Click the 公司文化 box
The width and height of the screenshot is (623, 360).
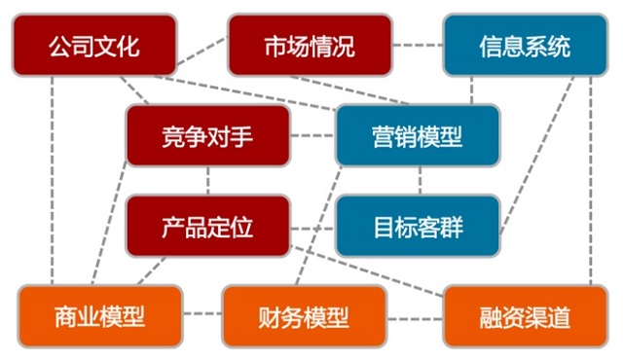(94, 45)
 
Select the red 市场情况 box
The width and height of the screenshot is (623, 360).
(310, 45)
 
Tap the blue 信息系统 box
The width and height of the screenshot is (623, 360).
(526, 45)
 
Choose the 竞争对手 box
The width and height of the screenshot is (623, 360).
(207, 136)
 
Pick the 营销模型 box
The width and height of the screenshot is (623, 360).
(418, 136)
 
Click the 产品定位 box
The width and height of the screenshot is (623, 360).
(207, 227)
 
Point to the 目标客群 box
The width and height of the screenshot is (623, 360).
(418, 227)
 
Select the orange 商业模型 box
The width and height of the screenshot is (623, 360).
(100, 316)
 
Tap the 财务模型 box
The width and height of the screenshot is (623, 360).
(304, 316)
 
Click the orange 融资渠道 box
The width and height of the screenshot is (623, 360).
(526, 316)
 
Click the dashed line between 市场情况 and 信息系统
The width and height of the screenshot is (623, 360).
(418, 45)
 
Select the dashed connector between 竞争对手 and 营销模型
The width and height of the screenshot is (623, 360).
(312, 136)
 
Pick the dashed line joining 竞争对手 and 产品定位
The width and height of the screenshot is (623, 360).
(207, 181)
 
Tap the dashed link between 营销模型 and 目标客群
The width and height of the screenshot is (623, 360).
(420, 181)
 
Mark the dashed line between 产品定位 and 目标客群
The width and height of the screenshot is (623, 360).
(312, 229)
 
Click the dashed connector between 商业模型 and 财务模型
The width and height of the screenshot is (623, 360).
(202, 313)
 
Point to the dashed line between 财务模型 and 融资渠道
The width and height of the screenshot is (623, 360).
(415, 319)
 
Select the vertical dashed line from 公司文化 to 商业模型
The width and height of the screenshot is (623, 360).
(52, 181)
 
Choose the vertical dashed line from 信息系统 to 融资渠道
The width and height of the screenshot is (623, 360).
(591, 181)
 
